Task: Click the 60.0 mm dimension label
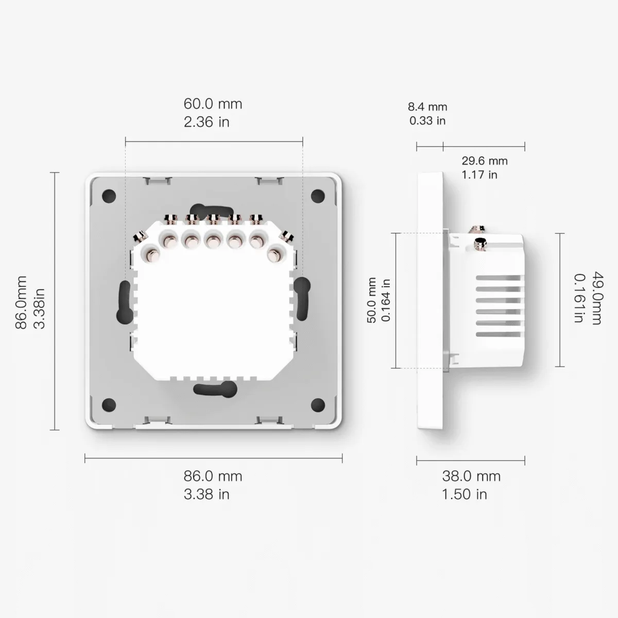[213, 104]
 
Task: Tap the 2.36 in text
[206, 122]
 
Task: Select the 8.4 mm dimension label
[427, 107]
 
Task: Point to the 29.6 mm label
[484, 161]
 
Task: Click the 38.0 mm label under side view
[471, 476]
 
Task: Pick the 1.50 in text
[464, 494]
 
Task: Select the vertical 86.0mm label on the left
[22, 303]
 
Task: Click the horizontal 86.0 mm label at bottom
[213, 476]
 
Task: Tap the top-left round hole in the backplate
[109, 196]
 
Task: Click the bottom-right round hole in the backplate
[319, 404]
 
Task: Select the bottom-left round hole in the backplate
[109, 404]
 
